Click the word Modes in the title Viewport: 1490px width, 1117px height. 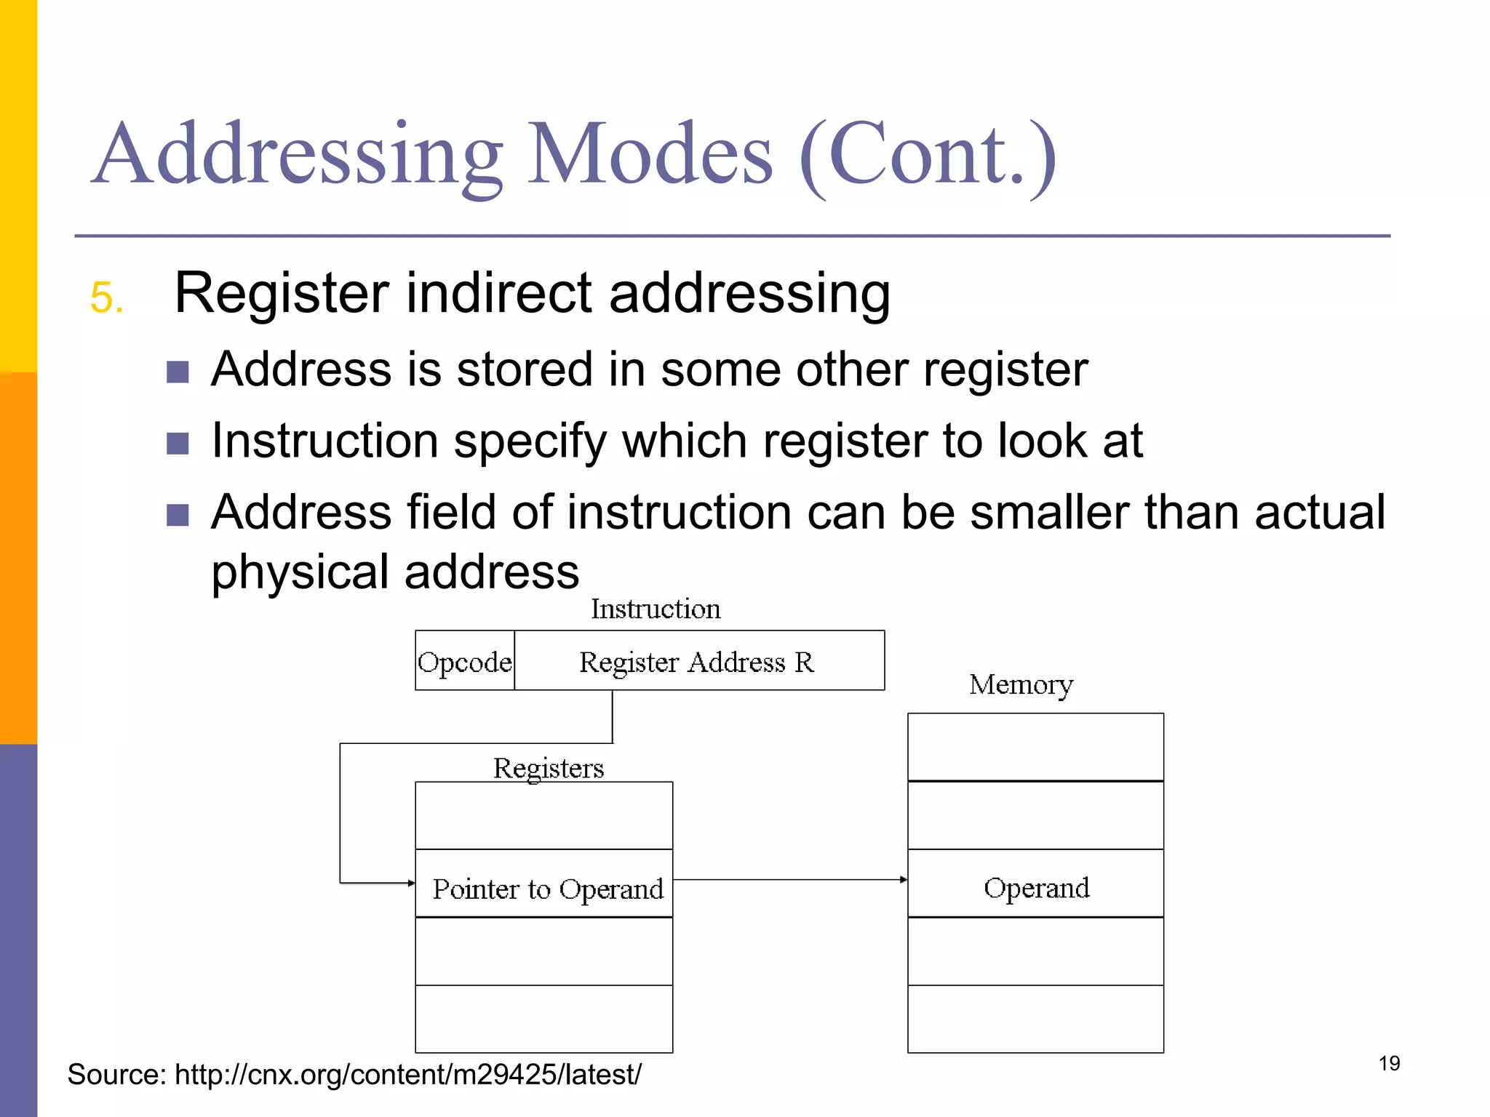(x=650, y=155)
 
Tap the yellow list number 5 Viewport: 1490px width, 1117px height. (x=106, y=297)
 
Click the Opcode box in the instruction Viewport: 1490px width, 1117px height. (x=465, y=661)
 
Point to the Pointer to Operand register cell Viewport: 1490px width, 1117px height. (x=545, y=887)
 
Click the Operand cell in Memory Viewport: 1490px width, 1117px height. (x=1035, y=887)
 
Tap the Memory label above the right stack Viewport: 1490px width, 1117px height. (x=1021, y=684)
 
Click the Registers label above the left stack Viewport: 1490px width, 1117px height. (x=549, y=768)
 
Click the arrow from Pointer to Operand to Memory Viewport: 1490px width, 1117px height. (x=789, y=880)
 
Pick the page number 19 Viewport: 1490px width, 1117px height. (x=1389, y=1063)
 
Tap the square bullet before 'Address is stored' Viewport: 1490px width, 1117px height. (x=178, y=372)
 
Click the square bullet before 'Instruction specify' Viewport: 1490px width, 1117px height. (x=178, y=443)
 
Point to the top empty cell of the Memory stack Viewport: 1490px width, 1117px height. (x=1035, y=748)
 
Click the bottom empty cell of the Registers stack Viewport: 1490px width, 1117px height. (x=543, y=1019)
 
